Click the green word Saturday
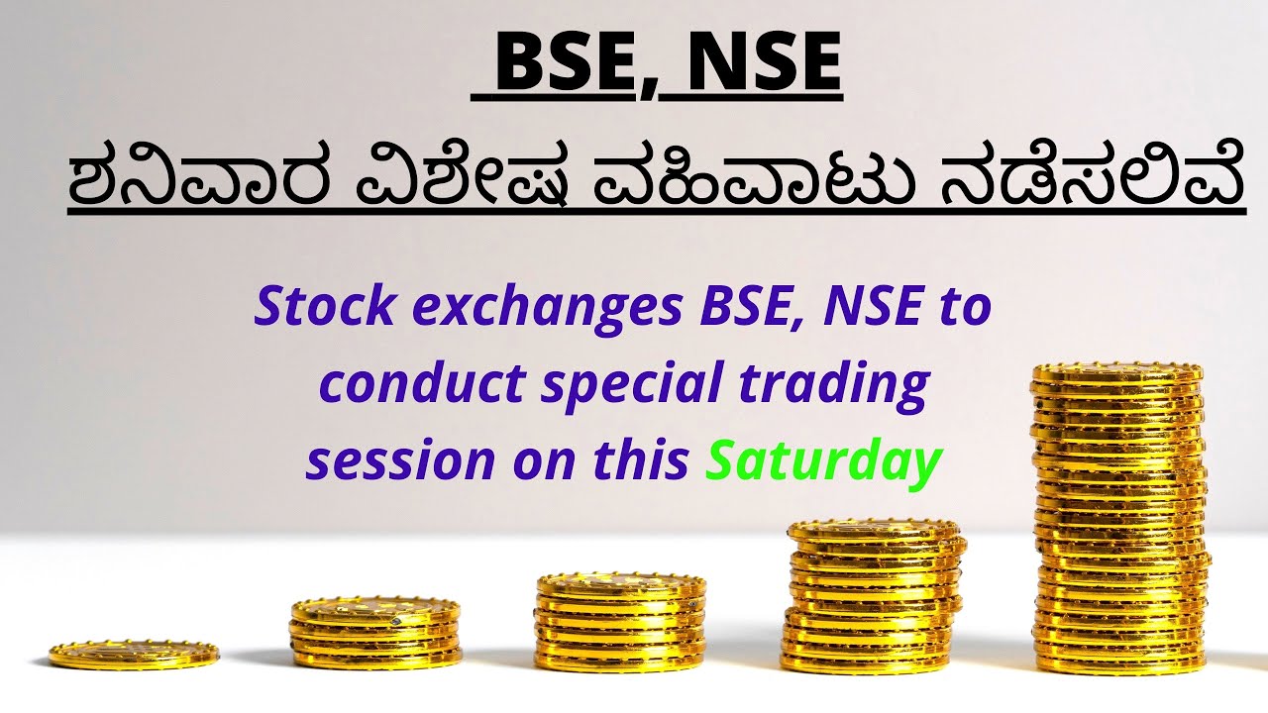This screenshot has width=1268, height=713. tap(821, 462)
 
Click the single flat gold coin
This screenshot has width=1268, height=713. tap(133, 655)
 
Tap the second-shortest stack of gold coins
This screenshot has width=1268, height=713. tap(375, 632)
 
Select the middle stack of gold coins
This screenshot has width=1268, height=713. tap(620, 622)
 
